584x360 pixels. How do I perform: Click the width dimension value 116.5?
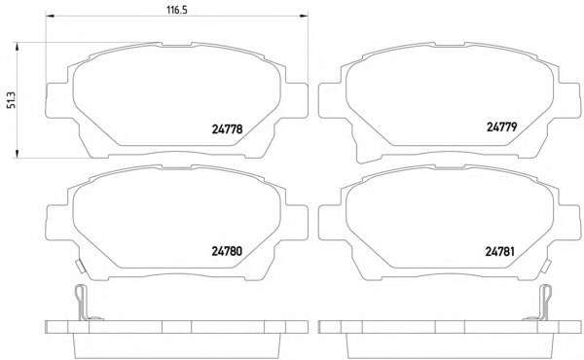tap(176, 10)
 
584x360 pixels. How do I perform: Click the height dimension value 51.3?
tap(13, 100)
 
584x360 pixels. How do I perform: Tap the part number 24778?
tap(227, 129)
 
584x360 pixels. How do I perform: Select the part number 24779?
tap(501, 126)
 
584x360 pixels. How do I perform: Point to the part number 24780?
tap(227, 251)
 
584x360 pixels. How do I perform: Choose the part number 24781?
tap(500, 252)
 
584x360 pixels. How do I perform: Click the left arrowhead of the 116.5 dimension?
tap(50, 16)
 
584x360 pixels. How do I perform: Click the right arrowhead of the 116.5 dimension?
tap(304, 16)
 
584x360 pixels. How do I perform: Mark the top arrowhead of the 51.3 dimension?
tap(17, 47)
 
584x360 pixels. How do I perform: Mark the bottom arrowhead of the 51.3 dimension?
tap(17, 154)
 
